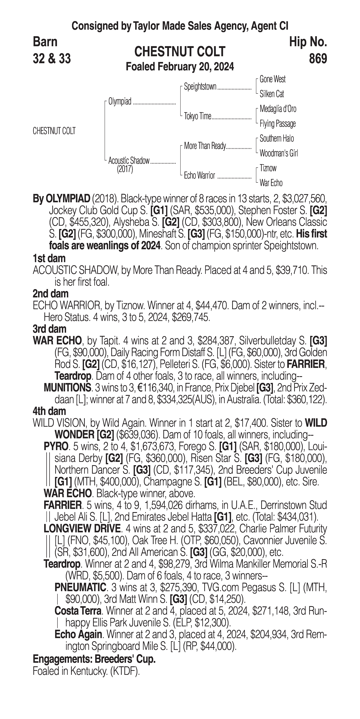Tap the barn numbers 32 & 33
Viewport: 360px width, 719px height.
pyautogui.click(x=52, y=59)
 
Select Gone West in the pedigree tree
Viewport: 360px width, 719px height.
pyautogui.click(x=272, y=79)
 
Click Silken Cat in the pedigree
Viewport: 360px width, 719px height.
pyautogui.click(x=272, y=94)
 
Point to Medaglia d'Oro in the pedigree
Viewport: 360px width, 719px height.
pyautogui.click(x=278, y=109)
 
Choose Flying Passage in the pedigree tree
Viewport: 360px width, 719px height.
pyautogui.click(x=277, y=124)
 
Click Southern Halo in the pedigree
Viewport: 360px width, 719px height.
pyautogui.click(x=277, y=138)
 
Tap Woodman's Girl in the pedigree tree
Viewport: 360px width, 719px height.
pyautogui.click(x=278, y=153)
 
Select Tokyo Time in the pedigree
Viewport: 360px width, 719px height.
pyautogui.click(x=198, y=116)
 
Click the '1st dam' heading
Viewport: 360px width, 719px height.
pyautogui.click(x=49, y=258)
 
